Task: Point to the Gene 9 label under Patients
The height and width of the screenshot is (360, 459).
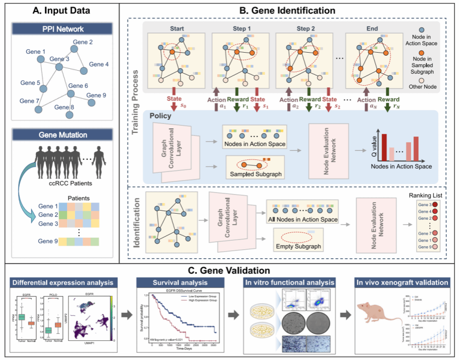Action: (48, 241)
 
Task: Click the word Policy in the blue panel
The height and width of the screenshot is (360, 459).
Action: (161, 115)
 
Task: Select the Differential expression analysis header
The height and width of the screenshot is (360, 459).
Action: (64, 283)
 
